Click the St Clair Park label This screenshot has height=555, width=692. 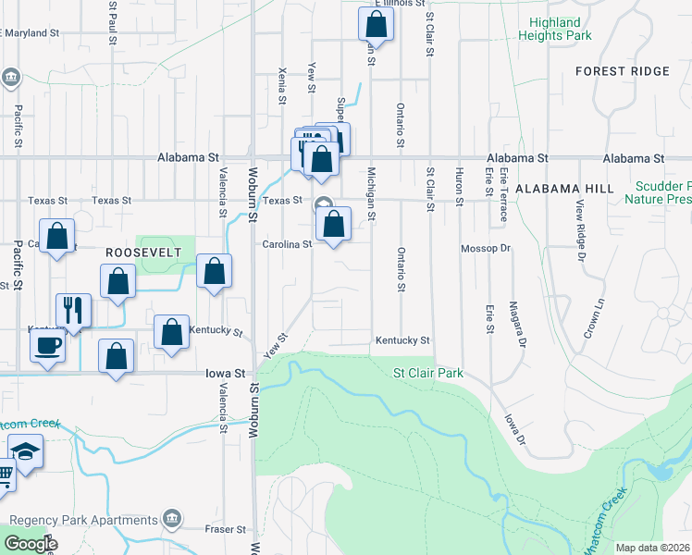[427, 373]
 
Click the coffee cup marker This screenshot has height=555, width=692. [46, 346]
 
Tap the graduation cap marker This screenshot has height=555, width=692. [27, 452]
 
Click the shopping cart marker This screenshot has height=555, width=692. [5, 475]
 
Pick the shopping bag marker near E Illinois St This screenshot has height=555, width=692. [376, 23]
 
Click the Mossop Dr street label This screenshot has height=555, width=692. [486, 249]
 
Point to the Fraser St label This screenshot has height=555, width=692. [226, 530]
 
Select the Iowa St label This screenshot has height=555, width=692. [226, 374]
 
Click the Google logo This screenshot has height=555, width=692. [31, 544]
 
